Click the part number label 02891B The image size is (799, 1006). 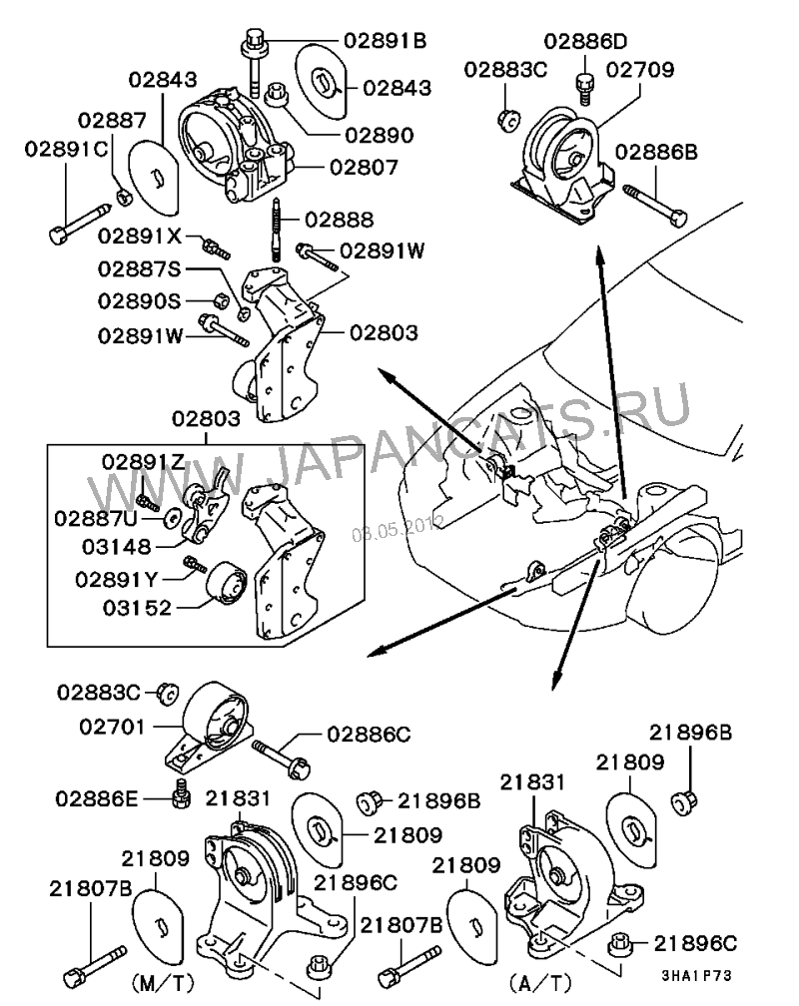[x=385, y=40]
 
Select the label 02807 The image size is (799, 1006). [x=365, y=168]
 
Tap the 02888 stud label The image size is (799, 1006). [x=339, y=220]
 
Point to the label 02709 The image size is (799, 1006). [x=640, y=69]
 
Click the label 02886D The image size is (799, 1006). [x=585, y=41]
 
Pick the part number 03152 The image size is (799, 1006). [x=137, y=608]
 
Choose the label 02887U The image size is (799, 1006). [x=96, y=518]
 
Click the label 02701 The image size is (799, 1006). [x=113, y=727]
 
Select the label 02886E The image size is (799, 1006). [x=96, y=798]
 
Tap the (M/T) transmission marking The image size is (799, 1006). [x=163, y=982]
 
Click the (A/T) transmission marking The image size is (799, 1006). [x=540, y=982]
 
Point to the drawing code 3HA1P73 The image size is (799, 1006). [x=697, y=976]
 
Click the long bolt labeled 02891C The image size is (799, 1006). [x=80, y=223]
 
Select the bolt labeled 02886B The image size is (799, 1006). [x=654, y=206]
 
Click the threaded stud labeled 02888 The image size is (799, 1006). [x=277, y=229]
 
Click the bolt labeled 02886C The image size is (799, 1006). [x=282, y=757]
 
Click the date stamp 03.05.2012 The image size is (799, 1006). [x=398, y=528]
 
